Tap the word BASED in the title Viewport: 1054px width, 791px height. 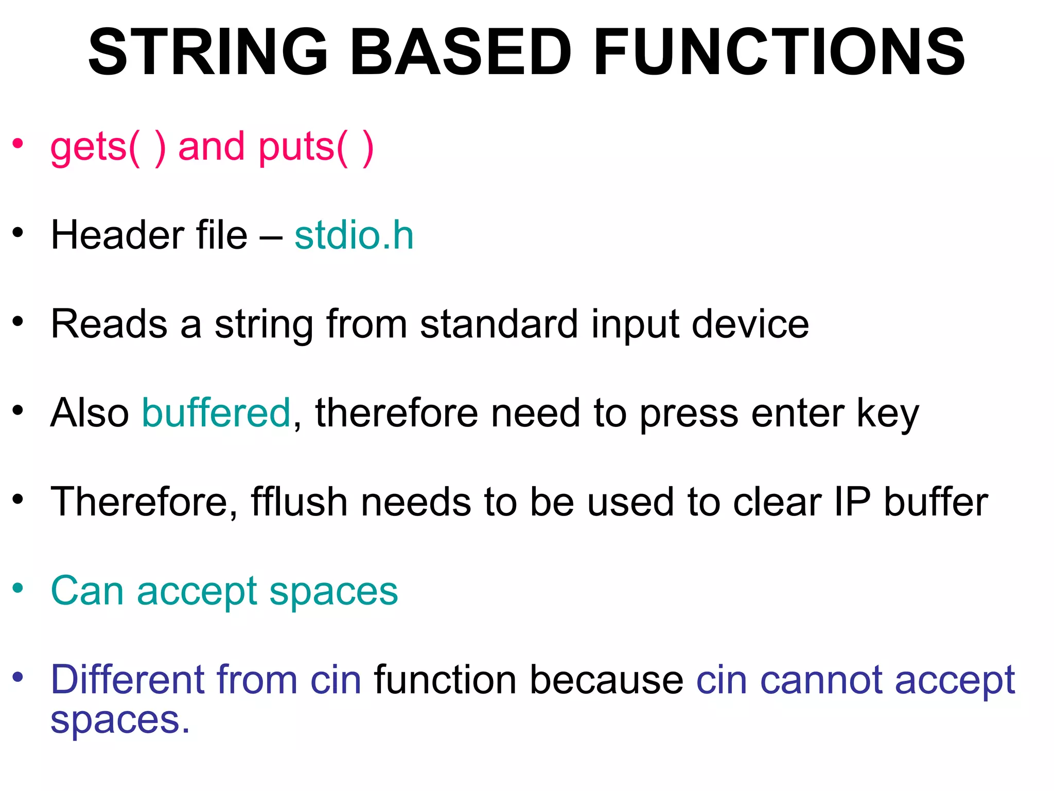[x=461, y=53]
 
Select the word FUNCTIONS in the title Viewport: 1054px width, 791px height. [x=779, y=53]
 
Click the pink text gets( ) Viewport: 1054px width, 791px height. [x=108, y=147]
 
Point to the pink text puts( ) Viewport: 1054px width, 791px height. [x=315, y=147]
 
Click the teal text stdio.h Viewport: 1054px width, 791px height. [x=354, y=236]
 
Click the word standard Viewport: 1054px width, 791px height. [x=499, y=324]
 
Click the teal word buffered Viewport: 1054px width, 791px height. [x=216, y=413]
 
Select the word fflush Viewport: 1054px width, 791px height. [x=299, y=502]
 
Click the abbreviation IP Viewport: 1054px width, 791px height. [x=852, y=502]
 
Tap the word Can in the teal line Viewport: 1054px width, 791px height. [x=87, y=591]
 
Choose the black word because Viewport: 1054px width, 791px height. [x=606, y=680]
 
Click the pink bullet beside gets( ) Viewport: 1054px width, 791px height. [x=19, y=144]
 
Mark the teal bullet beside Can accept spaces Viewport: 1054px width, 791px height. [x=19, y=588]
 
